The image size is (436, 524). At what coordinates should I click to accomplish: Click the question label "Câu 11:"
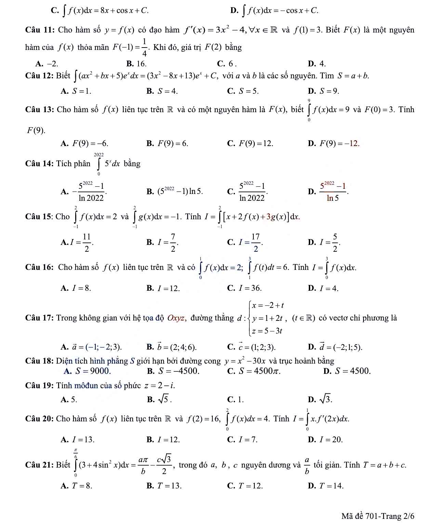coord(40,30)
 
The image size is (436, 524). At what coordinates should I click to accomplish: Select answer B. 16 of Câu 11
coord(136,64)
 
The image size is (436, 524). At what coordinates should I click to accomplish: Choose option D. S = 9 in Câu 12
coord(323,91)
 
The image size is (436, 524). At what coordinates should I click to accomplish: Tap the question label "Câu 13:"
coord(40,110)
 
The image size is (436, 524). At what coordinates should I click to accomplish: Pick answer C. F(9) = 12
coord(251,144)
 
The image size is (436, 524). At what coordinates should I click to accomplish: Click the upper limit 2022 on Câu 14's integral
coord(99,155)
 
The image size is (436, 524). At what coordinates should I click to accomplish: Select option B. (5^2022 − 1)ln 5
coord(175,192)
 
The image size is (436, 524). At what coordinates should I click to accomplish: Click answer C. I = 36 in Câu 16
coord(245,288)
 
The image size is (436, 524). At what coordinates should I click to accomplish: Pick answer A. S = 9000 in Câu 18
coord(88,371)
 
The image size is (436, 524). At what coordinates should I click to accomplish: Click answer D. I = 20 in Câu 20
coord(325,440)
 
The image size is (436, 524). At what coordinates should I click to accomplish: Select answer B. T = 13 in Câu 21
coord(164,486)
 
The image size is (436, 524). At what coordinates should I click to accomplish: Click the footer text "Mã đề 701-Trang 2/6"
coord(378,516)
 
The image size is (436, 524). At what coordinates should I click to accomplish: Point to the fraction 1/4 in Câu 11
coord(145,48)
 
